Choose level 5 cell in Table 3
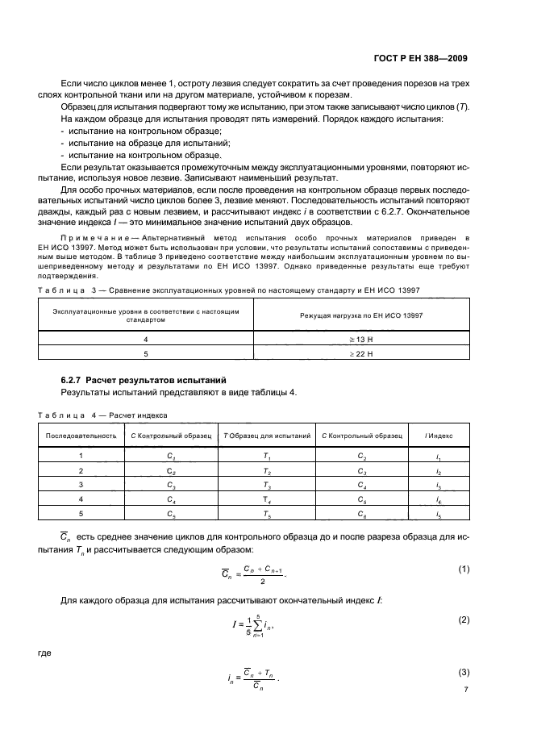(x=144, y=352)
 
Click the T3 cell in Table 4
(x=266, y=485)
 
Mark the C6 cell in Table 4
(x=362, y=514)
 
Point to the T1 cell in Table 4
(x=266, y=456)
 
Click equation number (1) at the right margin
(x=464, y=569)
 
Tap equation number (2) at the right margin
(x=464, y=619)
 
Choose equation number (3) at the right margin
(x=464, y=672)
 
